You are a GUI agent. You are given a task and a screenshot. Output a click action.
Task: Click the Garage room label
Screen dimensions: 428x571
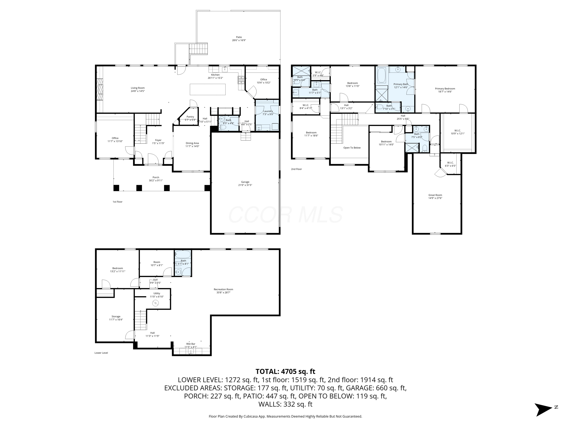click(x=245, y=183)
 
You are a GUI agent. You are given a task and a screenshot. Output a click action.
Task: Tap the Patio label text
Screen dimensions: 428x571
click(x=239, y=39)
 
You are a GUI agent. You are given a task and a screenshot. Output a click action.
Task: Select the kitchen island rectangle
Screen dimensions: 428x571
click(x=207, y=89)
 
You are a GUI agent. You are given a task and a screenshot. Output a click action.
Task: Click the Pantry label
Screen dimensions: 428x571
click(x=190, y=118)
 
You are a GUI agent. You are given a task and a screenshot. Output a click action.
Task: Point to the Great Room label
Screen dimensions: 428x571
click(x=435, y=197)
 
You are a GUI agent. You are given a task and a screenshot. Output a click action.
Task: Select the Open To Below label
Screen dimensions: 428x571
click(x=352, y=148)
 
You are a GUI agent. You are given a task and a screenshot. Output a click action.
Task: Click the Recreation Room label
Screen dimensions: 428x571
click(x=223, y=291)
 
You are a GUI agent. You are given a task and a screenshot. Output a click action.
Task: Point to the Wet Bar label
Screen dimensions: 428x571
click(x=191, y=345)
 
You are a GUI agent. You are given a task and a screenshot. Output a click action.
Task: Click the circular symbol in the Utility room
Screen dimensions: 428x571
click(x=155, y=303)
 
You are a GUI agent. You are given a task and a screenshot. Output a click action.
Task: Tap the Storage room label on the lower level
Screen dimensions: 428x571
click(x=116, y=318)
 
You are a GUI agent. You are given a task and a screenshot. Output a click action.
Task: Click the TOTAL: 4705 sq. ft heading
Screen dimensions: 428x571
click(x=285, y=371)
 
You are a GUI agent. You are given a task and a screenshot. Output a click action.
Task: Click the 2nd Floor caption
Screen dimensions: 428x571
click(x=296, y=169)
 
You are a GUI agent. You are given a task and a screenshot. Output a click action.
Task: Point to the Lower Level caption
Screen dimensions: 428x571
click(x=101, y=353)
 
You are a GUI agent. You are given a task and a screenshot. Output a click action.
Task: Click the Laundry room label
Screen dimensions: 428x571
click(x=268, y=112)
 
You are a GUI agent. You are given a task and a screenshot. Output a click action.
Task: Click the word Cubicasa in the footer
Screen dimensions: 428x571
click(x=250, y=416)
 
